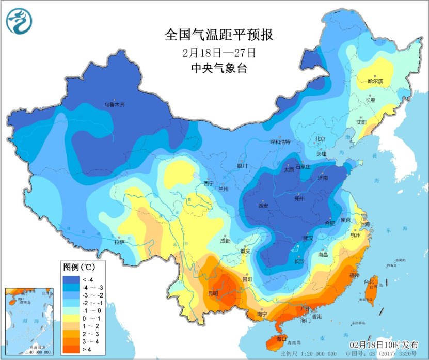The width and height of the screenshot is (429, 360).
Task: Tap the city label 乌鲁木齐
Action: (115, 104)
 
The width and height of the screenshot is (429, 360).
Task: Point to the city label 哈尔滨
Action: (375, 81)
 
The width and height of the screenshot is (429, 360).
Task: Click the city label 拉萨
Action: (119, 241)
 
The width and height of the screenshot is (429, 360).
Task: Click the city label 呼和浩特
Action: (281, 142)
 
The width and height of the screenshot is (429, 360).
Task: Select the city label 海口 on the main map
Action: (281, 339)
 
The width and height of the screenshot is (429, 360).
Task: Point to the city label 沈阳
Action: (361, 122)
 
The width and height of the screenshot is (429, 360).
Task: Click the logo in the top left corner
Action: (19, 21)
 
